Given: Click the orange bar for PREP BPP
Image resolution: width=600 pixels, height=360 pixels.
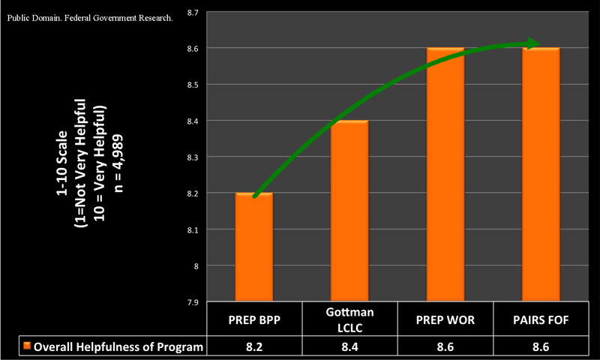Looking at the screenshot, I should click(x=254, y=247).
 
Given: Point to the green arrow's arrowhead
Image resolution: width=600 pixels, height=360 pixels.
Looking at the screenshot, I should click(x=533, y=43).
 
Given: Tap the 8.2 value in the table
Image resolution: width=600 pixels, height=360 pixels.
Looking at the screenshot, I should click(x=254, y=346).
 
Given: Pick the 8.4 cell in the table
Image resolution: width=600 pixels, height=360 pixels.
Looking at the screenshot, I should click(x=349, y=346).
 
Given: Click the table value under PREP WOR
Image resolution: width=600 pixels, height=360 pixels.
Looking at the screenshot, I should click(x=445, y=346).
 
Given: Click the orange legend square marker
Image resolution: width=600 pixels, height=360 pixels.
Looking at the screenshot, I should click(x=27, y=346).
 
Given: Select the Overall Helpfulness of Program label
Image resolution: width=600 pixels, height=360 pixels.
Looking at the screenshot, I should click(x=117, y=346).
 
